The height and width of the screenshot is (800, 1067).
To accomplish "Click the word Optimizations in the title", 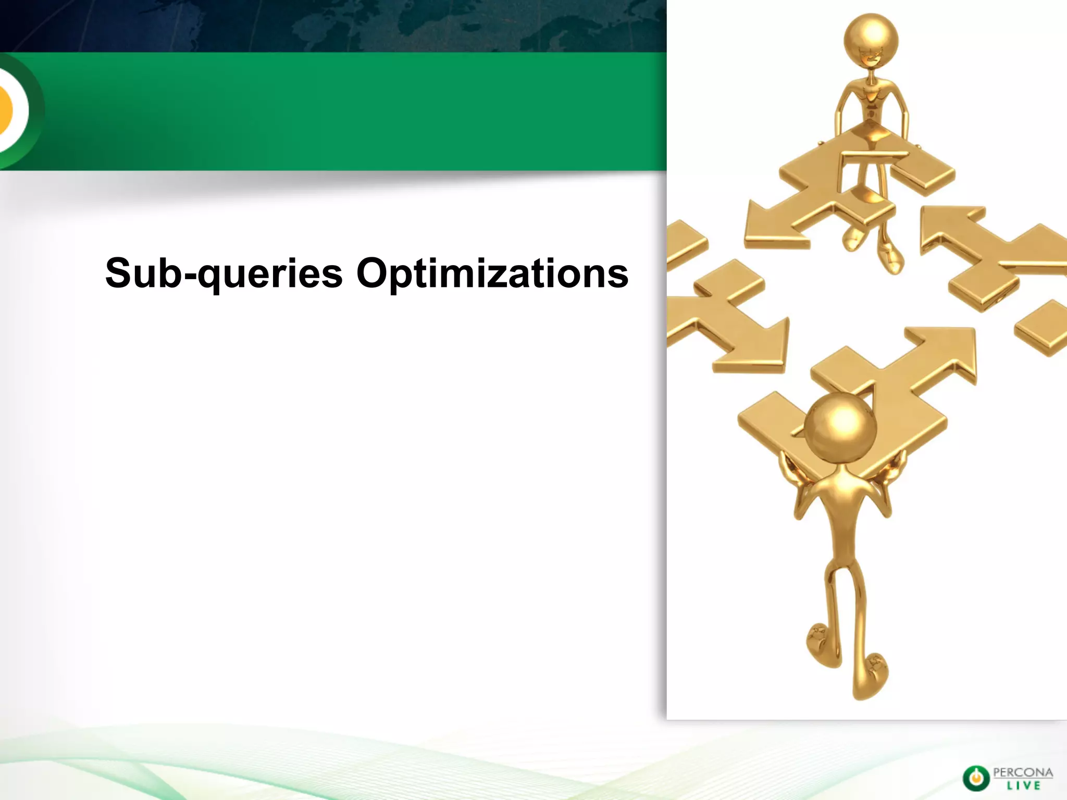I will (x=492, y=273).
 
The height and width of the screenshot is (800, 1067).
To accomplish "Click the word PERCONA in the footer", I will (x=1023, y=772).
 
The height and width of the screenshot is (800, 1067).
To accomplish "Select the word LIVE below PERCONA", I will (x=1023, y=785).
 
